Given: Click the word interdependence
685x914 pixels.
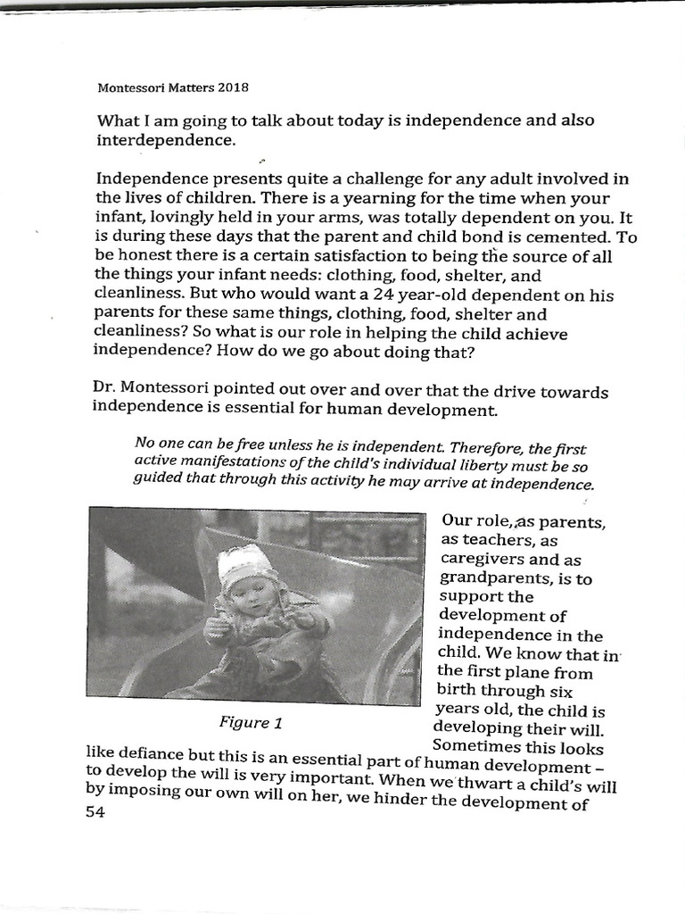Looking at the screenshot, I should pyautogui.click(x=166, y=141).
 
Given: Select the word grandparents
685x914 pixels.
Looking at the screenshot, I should pyautogui.click(x=489, y=578).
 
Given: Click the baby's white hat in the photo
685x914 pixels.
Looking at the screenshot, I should pyautogui.click(x=246, y=562).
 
